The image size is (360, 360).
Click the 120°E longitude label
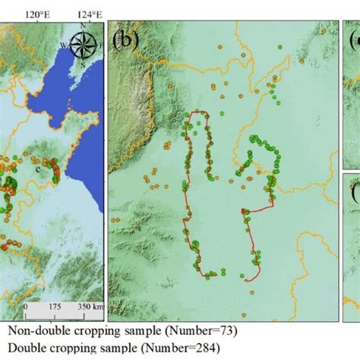pos(37,13)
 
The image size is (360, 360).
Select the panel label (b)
pos(125,39)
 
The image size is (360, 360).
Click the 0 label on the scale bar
pos(26,307)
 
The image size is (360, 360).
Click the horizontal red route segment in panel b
pos(258,210)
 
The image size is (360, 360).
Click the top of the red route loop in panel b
pos(198,113)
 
